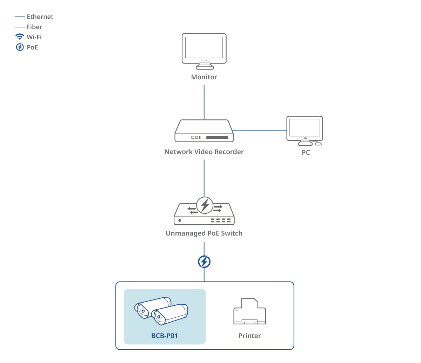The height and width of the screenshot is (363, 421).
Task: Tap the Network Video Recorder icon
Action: (x=204, y=131)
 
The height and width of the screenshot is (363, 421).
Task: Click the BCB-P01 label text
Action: (x=165, y=336)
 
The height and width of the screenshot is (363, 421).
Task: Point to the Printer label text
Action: (x=249, y=336)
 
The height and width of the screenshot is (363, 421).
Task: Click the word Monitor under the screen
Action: (x=204, y=77)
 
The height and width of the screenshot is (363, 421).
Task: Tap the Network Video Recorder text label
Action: (x=204, y=152)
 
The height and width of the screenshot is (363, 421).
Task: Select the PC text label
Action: (x=306, y=153)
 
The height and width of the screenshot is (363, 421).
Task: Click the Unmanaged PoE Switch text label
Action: (x=204, y=233)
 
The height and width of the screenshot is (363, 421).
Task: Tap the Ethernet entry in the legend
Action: (x=40, y=17)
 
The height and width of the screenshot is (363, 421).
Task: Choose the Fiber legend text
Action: (x=34, y=27)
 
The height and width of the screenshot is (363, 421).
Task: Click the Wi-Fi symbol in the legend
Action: (x=20, y=37)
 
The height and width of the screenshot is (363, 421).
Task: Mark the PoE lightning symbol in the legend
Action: (x=20, y=47)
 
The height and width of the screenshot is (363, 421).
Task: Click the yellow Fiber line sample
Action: (x=20, y=27)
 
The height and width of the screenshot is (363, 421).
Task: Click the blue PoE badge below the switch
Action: (x=204, y=262)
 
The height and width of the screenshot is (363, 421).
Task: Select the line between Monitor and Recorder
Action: (x=204, y=102)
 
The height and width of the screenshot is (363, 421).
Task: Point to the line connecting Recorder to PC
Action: (x=260, y=131)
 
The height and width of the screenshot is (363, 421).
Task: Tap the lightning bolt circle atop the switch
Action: (x=205, y=205)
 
